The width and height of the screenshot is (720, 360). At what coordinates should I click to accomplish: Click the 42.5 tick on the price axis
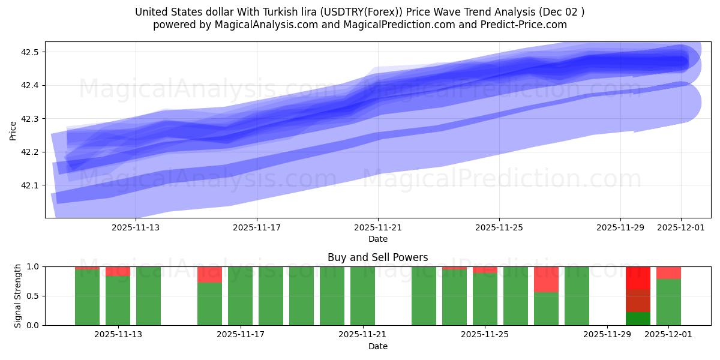pos(30,52)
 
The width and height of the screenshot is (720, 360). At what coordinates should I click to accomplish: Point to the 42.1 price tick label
pos(30,185)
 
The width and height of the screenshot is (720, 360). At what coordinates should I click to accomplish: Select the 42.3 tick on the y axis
pos(30,119)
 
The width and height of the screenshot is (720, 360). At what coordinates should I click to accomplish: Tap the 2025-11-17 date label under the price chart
pos(257,227)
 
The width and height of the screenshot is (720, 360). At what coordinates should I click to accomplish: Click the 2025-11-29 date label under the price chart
pos(620,227)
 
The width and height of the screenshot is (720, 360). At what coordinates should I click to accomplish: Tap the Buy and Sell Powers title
pos(377,257)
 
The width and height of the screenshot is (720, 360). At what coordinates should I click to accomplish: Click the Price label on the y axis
pos(13,130)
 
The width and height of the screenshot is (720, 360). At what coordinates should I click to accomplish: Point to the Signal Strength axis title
pos(18,295)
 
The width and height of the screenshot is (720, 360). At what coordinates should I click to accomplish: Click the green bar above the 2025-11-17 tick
pos(241,296)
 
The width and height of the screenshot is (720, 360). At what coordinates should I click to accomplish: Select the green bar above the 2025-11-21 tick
pos(363,296)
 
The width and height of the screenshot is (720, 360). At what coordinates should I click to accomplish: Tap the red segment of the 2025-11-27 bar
pos(547,279)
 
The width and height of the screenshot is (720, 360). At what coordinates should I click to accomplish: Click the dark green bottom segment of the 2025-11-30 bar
pos(638,319)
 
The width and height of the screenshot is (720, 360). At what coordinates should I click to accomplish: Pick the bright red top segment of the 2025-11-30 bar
pos(638,278)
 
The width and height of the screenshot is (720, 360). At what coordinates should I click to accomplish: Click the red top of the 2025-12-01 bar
pos(668,272)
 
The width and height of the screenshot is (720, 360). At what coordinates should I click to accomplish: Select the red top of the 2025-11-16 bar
pos(210,274)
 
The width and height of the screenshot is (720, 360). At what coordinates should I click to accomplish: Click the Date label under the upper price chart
pos(377,239)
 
